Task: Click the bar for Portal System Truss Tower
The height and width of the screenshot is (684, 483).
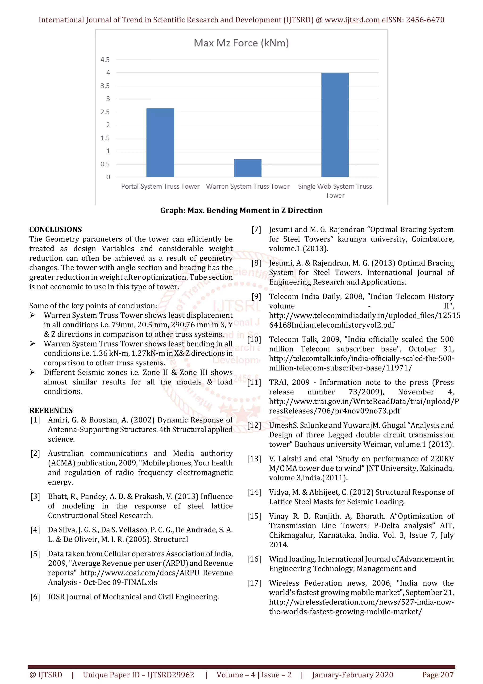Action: (160, 143)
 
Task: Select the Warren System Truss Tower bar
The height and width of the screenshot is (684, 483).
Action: (248, 168)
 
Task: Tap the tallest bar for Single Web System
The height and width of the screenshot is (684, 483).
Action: (335, 125)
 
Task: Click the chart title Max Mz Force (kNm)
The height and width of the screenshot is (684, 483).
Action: (241, 43)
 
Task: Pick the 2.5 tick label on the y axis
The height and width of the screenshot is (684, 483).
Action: (105, 112)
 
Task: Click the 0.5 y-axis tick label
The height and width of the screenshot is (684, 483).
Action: (105, 164)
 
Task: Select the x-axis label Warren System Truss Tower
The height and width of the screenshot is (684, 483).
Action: (248, 186)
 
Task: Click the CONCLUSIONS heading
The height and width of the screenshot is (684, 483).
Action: (55, 229)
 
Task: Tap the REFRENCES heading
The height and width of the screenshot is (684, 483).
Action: (51, 410)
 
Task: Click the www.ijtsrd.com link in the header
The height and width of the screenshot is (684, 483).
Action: (352, 20)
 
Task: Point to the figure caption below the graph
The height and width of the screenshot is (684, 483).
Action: (241, 211)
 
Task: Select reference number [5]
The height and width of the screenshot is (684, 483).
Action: (35, 554)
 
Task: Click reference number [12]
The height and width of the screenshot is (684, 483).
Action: (254, 425)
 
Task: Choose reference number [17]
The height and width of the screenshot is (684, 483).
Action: (254, 583)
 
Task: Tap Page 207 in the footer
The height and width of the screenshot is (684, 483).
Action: (438, 675)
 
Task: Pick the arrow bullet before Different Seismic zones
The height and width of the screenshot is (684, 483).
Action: (33, 372)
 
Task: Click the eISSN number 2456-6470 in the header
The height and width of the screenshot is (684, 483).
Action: (425, 20)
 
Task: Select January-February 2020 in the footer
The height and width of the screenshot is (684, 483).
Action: (352, 675)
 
